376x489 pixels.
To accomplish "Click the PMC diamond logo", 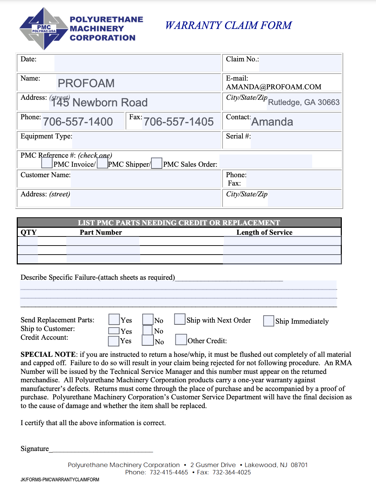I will pyautogui.click(x=44, y=29).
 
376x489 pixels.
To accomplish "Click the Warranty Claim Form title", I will pyautogui.click(x=228, y=25).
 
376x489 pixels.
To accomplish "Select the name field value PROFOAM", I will pyautogui.click(x=86, y=83).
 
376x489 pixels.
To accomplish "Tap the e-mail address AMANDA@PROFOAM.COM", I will pyautogui.click(x=273, y=87).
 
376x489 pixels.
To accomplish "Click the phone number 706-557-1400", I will pyautogui.click(x=78, y=122).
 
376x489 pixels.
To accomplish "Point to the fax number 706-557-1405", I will pyautogui.click(x=179, y=122).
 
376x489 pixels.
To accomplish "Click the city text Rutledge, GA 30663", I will pyautogui.click(x=303, y=102).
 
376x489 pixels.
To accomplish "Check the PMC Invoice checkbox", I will pyautogui.click(x=47, y=163).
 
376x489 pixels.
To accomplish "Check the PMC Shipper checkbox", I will pyautogui.click(x=102, y=163).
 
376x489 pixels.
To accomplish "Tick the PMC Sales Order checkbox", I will pyautogui.click(x=157, y=163).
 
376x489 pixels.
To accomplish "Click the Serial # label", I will pyautogui.click(x=238, y=136).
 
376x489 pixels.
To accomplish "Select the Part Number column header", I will pyautogui.click(x=101, y=232).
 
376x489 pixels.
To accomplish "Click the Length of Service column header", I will pyautogui.click(x=264, y=232).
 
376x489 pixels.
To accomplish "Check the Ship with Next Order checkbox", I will pyautogui.click(x=180, y=319).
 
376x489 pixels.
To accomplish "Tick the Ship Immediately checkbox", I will pyautogui.click(x=269, y=321).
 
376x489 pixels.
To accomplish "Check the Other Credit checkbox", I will pyautogui.click(x=181, y=339).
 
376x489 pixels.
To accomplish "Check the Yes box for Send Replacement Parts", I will pyautogui.click(x=114, y=319).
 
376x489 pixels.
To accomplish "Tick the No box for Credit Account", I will pyautogui.click(x=148, y=340).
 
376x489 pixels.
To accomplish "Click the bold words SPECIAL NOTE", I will pyautogui.click(x=48, y=355).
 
